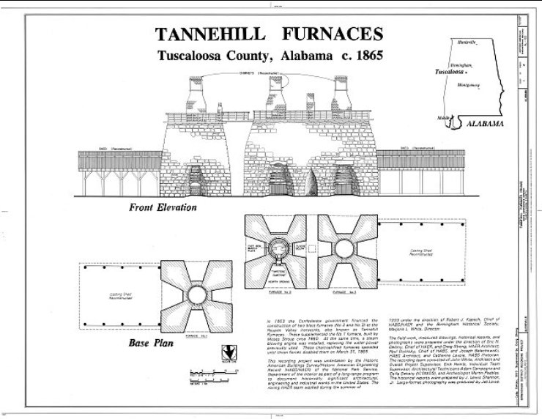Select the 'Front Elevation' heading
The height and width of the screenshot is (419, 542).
tap(163, 207)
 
